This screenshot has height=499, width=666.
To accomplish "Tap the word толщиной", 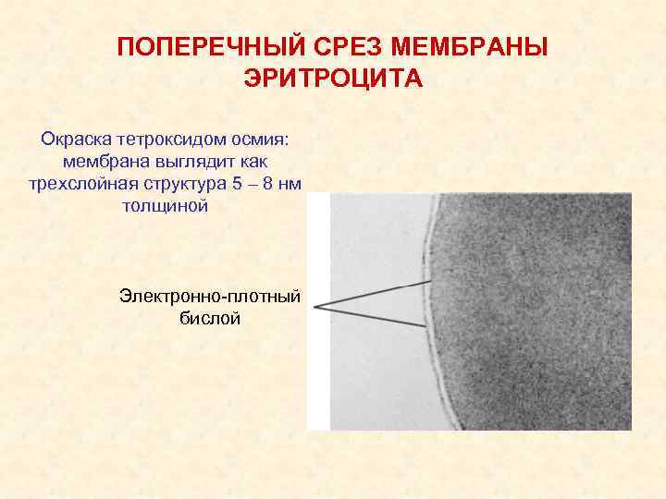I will pyautogui.click(x=165, y=205).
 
